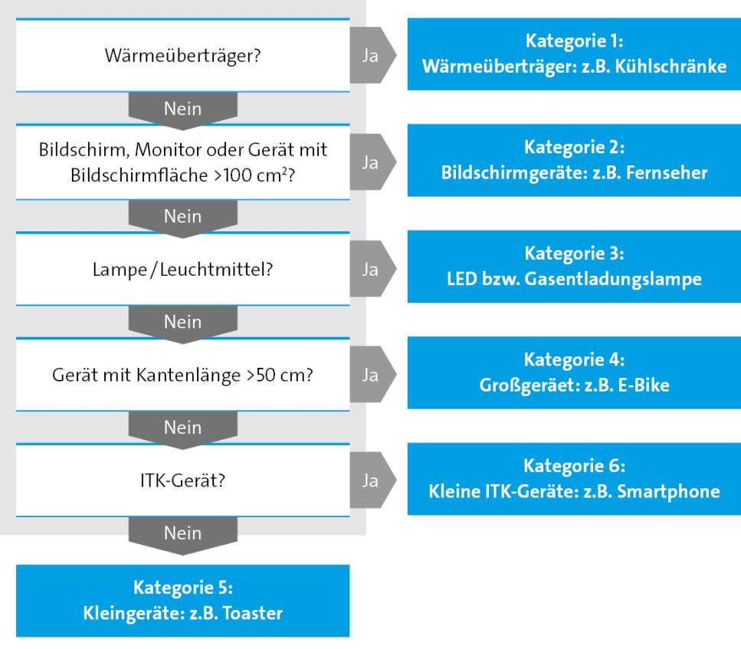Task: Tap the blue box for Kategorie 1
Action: point(573,54)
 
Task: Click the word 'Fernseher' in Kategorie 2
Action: point(671,173)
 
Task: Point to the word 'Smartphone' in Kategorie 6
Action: point(675,493)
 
